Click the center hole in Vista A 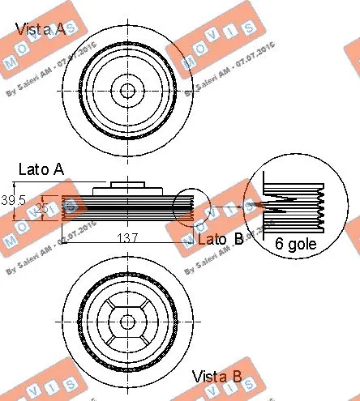click(126, 88)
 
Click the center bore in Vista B click(126, 322)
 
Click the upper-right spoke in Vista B click(143, 305)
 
